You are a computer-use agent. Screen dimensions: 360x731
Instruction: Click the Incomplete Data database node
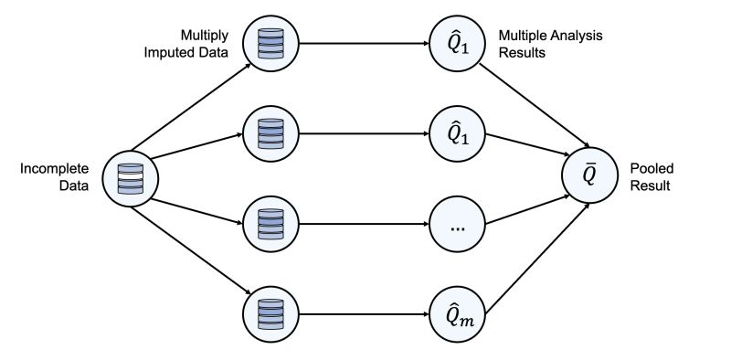click(x=132, y=177)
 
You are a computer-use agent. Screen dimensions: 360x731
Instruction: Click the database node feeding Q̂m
click(x=269, y=315)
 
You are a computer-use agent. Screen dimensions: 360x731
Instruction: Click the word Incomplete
click(x=54, y=169)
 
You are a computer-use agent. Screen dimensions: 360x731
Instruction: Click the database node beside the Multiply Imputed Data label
click(x=269, y=43)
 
